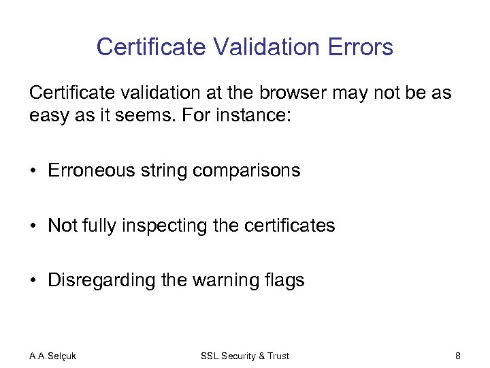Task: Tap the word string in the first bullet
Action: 166,170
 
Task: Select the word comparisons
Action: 246,170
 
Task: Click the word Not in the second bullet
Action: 63,226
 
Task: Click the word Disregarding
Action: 105,280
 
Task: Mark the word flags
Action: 286,280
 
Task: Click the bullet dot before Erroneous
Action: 34,171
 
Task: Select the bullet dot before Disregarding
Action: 34,281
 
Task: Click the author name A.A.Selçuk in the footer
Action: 53,356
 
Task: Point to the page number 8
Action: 458,356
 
